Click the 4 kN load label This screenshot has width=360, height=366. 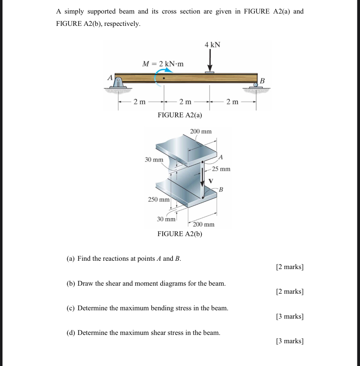point(212,45)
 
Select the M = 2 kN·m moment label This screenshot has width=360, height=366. point(163,64)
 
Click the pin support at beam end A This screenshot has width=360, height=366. point(118,82)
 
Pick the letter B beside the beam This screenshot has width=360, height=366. point(262,81)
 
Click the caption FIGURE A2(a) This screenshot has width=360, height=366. point(180,115)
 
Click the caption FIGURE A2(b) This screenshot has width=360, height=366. point(180,234)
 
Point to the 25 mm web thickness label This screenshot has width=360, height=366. point(221,169)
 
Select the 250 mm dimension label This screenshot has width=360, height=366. point(159,199)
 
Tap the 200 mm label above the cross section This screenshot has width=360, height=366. point(201,131)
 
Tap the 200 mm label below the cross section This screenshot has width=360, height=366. point(203,224)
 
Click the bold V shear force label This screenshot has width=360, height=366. point(211,181)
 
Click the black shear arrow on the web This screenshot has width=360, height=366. point(202,175)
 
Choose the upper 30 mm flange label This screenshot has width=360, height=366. point(154,160)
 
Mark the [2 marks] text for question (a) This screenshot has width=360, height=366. point(290,267)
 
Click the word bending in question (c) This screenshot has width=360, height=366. point(162,308)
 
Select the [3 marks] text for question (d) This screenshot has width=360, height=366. point(290,341)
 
